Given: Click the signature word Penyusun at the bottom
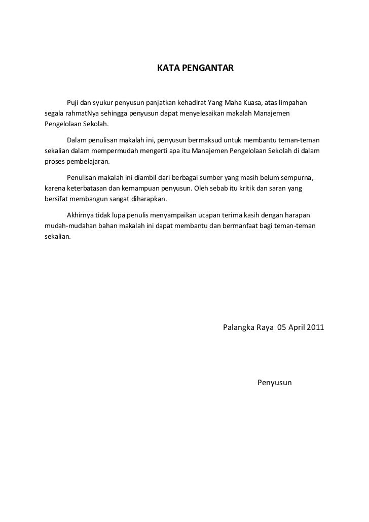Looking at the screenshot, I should click(275, 382).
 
